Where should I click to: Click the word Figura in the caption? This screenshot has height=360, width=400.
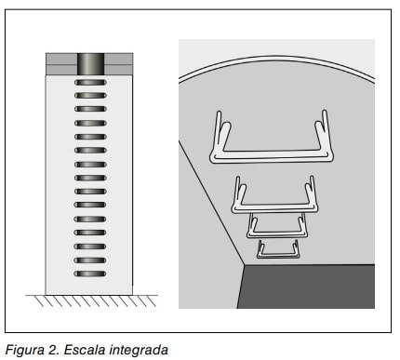pos(25,350)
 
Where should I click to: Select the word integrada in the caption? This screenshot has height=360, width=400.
pos(139,350)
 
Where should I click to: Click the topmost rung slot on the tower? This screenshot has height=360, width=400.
pos(90,83)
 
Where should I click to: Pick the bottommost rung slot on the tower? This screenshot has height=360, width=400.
pos(90,274)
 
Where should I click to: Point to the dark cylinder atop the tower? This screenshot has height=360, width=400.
pos(90,64)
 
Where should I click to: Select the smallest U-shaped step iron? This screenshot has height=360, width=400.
pos(278,256)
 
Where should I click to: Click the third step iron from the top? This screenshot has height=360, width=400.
pos(277,234)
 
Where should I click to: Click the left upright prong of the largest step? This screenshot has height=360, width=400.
pos(219,132)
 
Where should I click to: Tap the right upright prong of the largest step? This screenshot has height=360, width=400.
pos(325,132)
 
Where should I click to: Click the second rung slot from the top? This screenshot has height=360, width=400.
pos(90,96)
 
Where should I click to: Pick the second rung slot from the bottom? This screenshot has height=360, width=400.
pos(90,260)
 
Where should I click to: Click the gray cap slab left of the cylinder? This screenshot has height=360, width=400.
pos(61,64)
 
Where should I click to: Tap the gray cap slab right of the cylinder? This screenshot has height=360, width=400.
pos(118,64)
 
